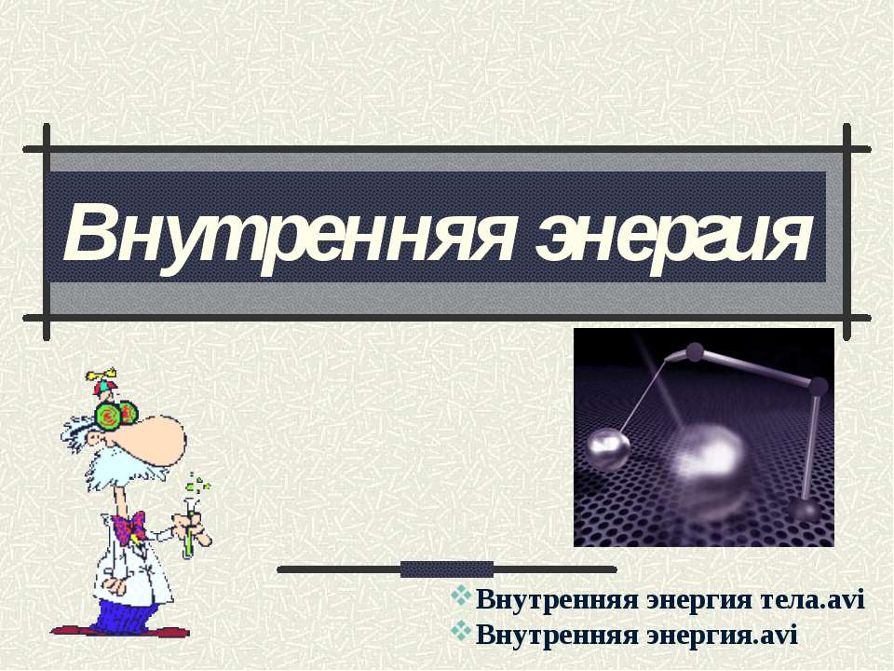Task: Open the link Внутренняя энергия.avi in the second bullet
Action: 637,635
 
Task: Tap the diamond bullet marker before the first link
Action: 462,599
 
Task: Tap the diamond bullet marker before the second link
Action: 462,633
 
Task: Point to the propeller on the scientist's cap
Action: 100,379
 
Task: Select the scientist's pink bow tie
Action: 129,525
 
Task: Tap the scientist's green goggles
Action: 116,413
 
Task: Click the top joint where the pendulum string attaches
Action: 693,351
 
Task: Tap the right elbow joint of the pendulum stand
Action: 818,386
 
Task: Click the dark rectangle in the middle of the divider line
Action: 446,568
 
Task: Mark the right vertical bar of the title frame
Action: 847,233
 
